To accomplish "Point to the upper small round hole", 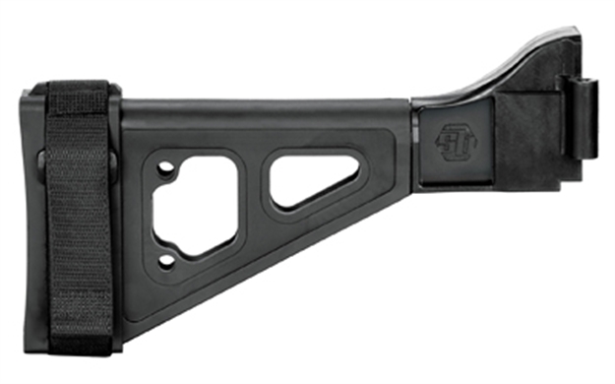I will click(x=166, y=168).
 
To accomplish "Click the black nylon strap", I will click(x=79, y=217).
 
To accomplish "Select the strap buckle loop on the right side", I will click(x=115, y=162).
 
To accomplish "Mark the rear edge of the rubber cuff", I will click(x=27, y=217).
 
